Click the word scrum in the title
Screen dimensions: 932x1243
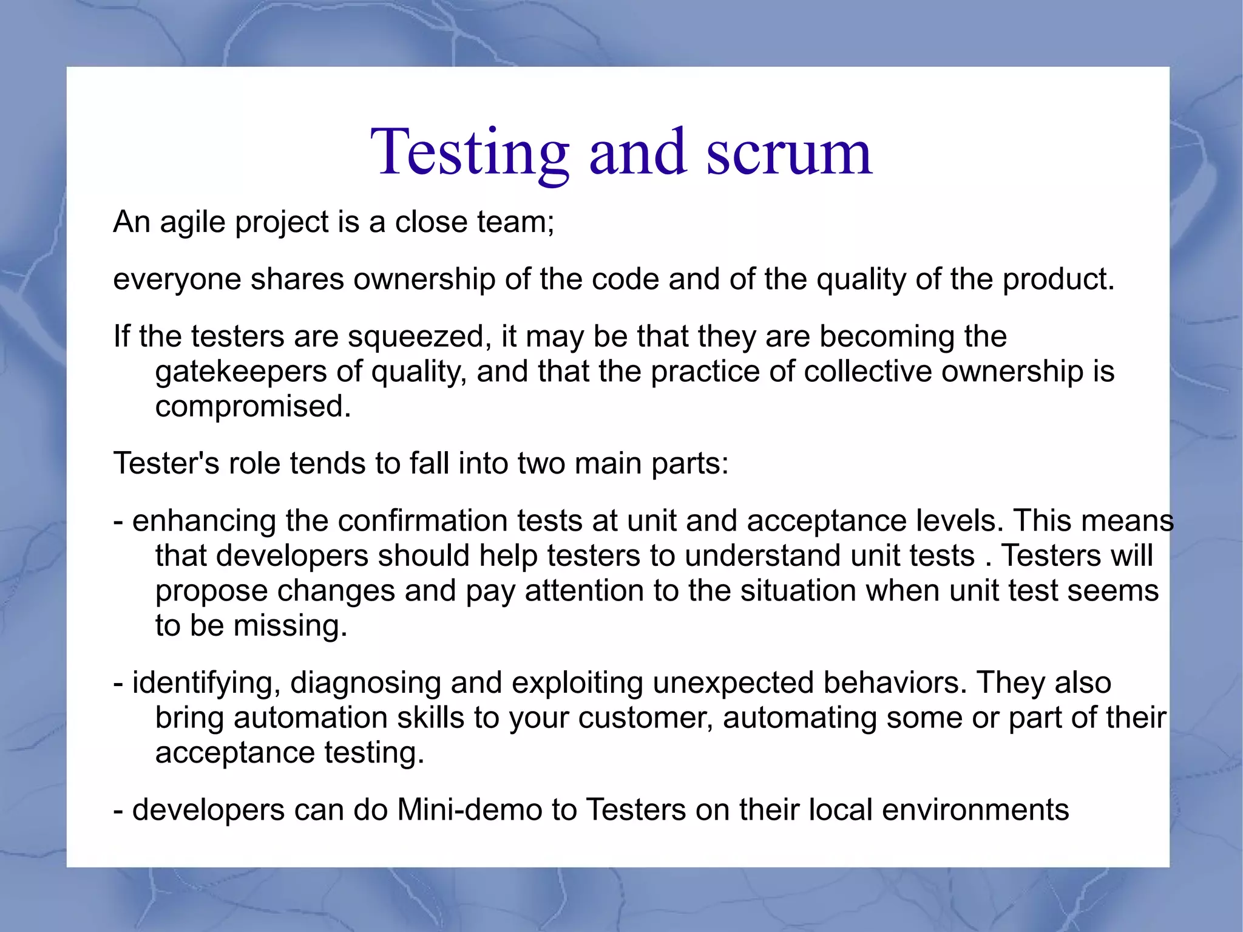pyautogui.click(x=789, y=153)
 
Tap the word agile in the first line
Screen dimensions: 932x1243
pyautogui.click(x=192, y=222)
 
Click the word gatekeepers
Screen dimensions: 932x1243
pyautogui.click(x=240, y=372)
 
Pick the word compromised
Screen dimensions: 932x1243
pyautogui.click(x=252, y=407)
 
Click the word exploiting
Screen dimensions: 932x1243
pyautogui.click(x=577, y=684)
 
